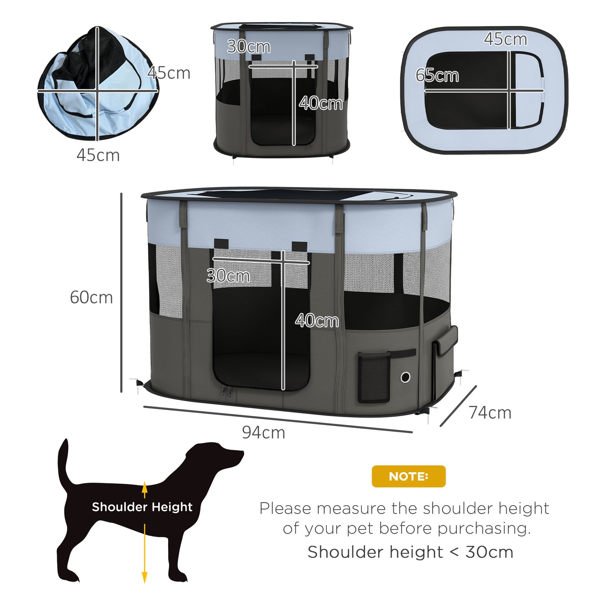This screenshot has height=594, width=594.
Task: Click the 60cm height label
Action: click(x=91, y=298)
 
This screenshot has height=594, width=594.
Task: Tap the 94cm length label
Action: click(x=263, y=432)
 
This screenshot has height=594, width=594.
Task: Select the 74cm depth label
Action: click(x=490, y=413)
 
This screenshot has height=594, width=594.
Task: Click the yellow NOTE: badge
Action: click(x=408, y=476)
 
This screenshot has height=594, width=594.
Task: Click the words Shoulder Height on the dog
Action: click(x=142, y=507)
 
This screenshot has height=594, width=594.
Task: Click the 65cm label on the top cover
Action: click(x=437, y=76)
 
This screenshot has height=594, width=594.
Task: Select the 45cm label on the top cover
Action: click(x=505, y=39)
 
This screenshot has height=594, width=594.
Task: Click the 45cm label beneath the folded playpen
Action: click(x=98, y=155)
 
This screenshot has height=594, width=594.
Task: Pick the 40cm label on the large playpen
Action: click(x=317, y=321)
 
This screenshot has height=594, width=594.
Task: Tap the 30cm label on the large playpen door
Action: click(x=228, y=275)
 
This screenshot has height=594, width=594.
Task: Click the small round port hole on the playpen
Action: click(x=405, y=377)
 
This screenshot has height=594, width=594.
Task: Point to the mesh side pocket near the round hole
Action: click(x=374, y=377)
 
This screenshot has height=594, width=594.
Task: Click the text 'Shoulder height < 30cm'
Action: click(x=410, y=552)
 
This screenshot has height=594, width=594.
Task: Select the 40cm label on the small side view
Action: click(x=321, y=103)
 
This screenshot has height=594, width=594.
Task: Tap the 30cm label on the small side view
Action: click(x=248, y=46)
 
